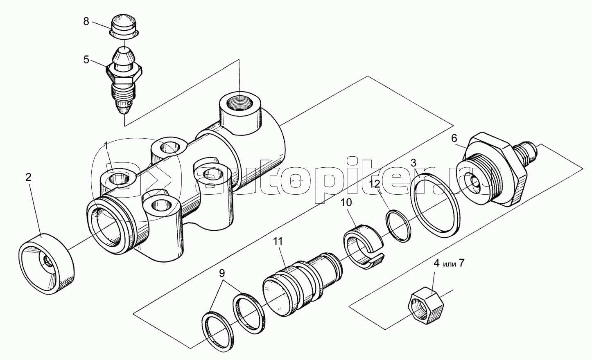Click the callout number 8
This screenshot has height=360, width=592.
tap(86, 21)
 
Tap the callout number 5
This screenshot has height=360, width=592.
tap(86, 60)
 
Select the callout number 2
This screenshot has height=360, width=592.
tap(28, 178)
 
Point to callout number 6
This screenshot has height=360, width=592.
tap(454, 139)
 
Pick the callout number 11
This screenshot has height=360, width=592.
tap(278, 241)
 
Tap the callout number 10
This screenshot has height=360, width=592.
tap(345, 202)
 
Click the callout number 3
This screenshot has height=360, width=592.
tap(413, 162)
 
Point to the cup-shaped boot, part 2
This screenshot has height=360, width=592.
tap(47, 263)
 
